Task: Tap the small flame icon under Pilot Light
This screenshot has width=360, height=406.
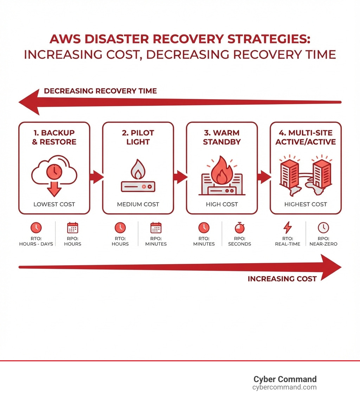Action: pyautogui.click(x=137, y=170)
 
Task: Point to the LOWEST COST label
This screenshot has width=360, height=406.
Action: pyautogui.click(x=54, y=204)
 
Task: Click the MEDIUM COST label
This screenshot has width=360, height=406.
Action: pyautogui.click(x=138, y=204)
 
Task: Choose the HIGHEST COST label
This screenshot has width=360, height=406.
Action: pyautogui.click(x=306, y=204)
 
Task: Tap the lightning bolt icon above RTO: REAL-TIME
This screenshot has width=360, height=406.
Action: pyautogui.click(x=287, y=228)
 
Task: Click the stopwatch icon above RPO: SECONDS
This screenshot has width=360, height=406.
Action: pyautogui.click(x=239, y=228)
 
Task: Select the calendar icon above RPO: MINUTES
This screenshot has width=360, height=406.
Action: pyautogui.click(x=156, y=228)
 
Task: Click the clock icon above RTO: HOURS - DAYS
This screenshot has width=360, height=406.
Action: pyautogui.click(x=36, y=228)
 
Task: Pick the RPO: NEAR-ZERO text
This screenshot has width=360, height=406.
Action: pyautogui.click(x=323, y=241)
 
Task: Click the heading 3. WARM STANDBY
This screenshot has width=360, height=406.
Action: pyautogui.click(x=221, y=137)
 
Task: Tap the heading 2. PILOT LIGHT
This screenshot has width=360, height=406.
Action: pyautogui.click(x=138, y=137)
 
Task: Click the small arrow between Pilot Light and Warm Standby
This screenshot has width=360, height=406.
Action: pyautogui.click(x=180, y=177)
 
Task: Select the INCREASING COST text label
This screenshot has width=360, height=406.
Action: pyautogui.click(x=282, y=279)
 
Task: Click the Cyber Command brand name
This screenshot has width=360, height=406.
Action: pyautogui.click(x=285, y=379)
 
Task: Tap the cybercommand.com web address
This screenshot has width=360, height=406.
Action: pyautogui.click(x=284, y=387)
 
